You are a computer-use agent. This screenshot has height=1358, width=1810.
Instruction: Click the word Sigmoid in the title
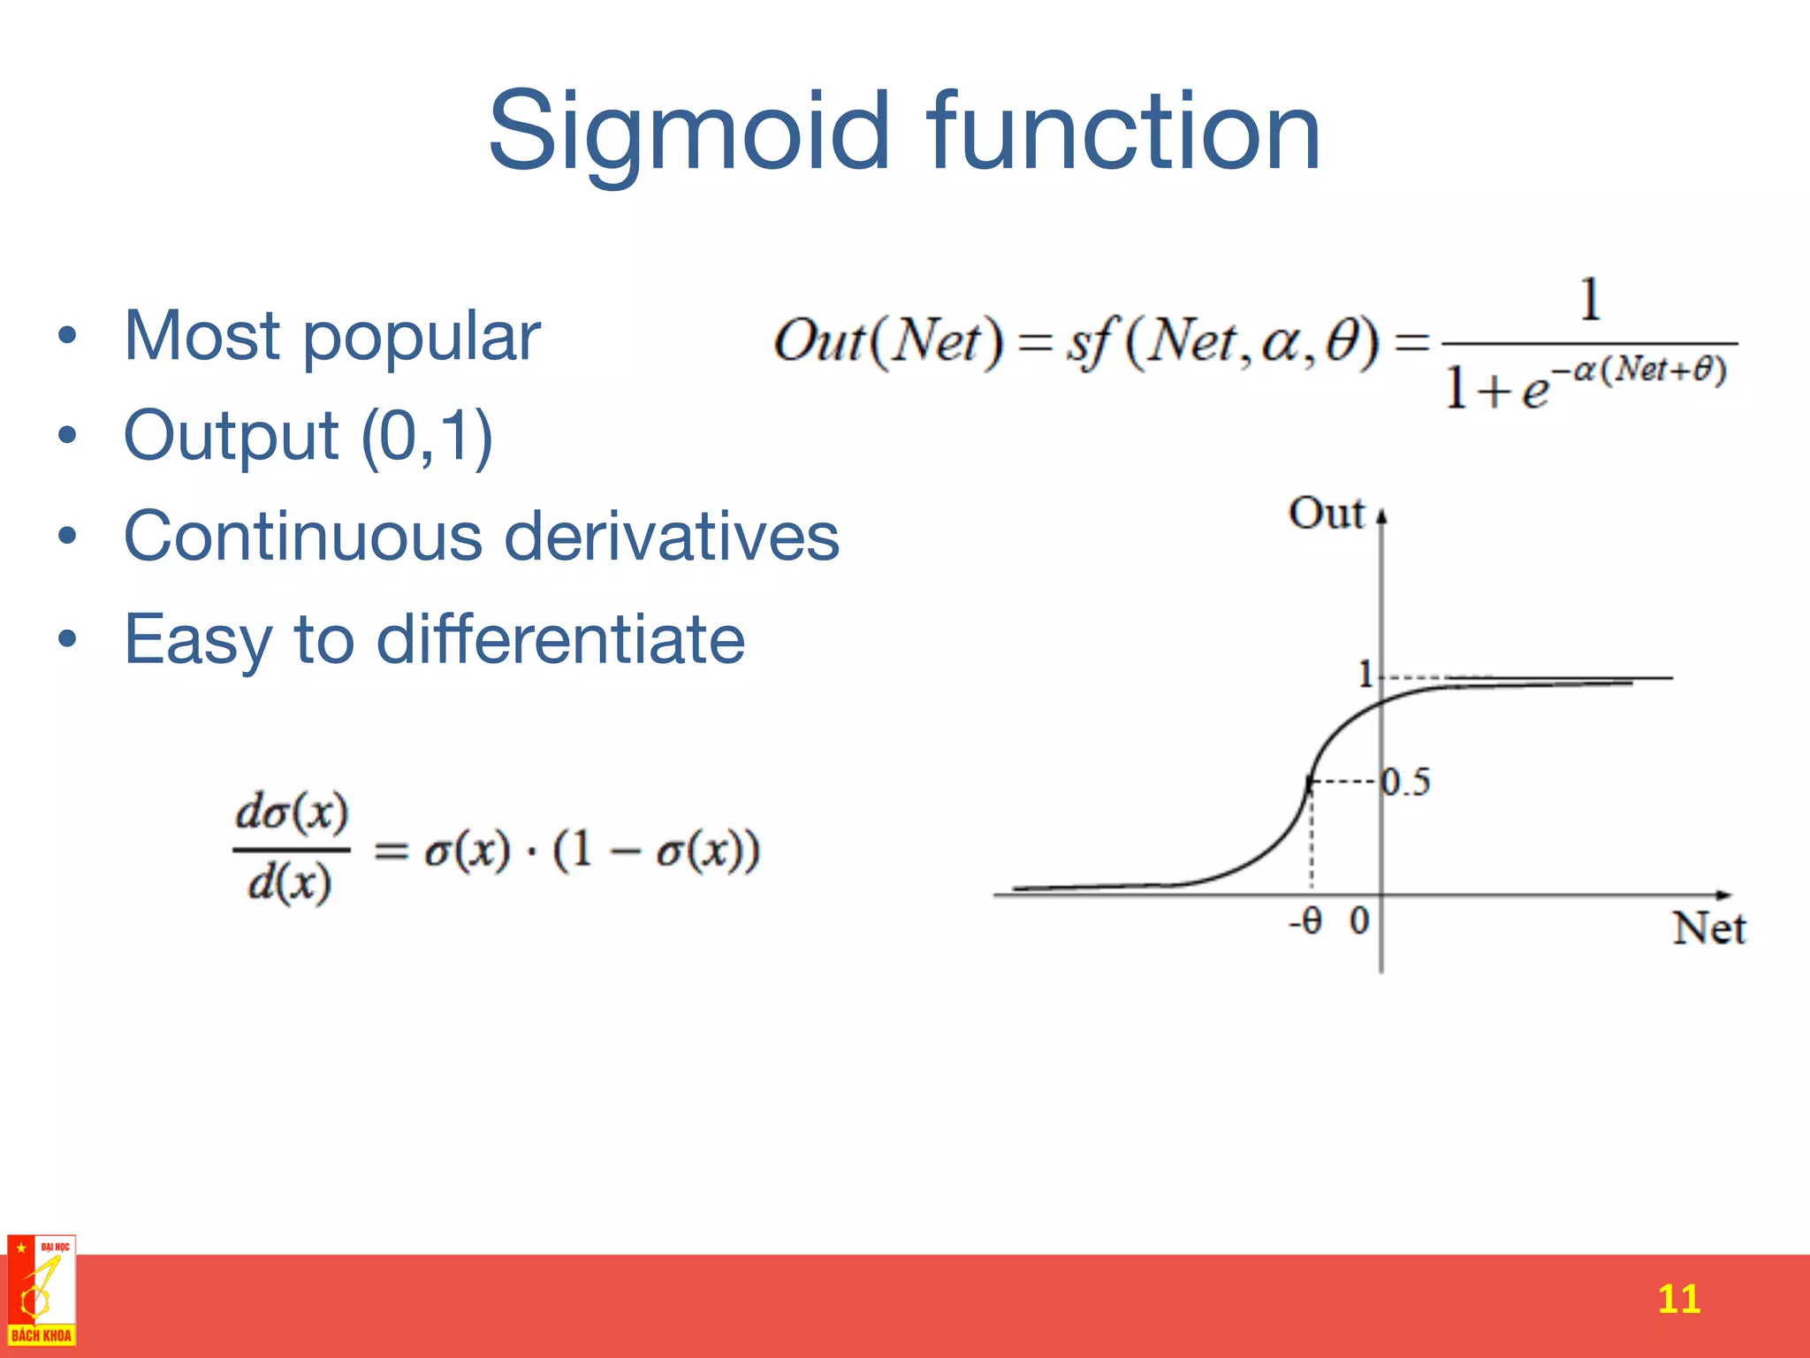tap(688, 133)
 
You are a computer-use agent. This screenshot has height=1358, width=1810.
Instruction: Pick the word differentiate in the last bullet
tap(560, 638)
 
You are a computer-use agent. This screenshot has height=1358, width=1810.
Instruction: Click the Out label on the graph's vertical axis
tap(1326, 513)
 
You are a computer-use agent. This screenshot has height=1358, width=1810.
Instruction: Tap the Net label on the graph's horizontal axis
tap(1708, 928)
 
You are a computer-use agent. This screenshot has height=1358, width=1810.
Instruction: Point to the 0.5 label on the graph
tap(1406, 782)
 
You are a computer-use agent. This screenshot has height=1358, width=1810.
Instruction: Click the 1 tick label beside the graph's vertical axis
tap(1365, 675)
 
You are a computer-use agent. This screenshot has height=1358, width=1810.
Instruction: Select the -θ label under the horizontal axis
tap(1305, 921)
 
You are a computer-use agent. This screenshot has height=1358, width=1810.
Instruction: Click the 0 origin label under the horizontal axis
tap(1358, 921)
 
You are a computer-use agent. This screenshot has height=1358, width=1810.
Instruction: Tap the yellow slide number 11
tap(1678, 1299)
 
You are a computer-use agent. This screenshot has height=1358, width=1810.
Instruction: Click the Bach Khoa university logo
tap(41, 1291)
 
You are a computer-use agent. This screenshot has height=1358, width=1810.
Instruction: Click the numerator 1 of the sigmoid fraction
tap(1590, 301)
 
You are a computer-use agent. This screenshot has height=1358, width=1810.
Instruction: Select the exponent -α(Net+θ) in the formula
tap(1639, 370)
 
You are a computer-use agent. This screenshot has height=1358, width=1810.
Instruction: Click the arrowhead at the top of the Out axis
tap(1382, 515)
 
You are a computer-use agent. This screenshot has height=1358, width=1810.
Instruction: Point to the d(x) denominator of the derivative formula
tap(290, 882)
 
